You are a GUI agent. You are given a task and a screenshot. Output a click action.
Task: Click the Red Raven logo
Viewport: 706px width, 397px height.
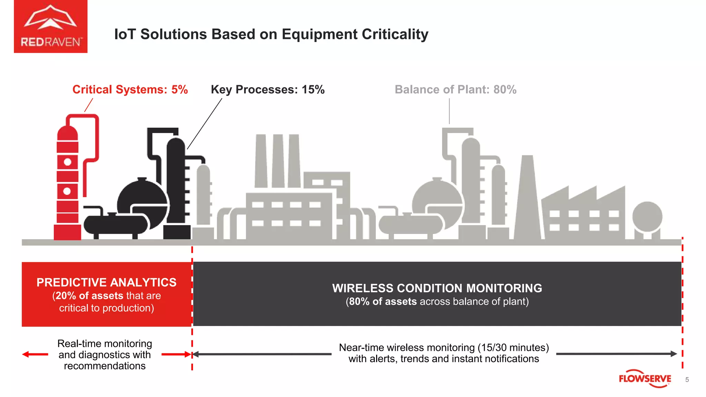tap(51, 27)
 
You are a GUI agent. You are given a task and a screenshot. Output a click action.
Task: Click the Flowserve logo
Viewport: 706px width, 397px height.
tap(645, 379)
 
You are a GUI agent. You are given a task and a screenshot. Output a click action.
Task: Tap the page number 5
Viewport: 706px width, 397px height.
tap(687, 379)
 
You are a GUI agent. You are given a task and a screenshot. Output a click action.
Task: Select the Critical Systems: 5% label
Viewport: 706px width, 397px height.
tap(130, 90)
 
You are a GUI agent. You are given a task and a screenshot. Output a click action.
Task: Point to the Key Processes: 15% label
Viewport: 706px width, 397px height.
tap(268, 90)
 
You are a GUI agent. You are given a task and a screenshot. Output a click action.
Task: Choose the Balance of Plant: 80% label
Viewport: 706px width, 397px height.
tap(455, 90)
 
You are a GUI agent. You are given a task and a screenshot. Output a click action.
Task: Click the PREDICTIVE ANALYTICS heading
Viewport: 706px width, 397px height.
tap(107, 283)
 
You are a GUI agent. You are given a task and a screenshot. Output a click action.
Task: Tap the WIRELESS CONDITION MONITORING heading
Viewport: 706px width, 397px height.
tap(437, 288)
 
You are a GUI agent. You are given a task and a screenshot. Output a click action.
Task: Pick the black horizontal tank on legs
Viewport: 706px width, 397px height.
tap(115, 225)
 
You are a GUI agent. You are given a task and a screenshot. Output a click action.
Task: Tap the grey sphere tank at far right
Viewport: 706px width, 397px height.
tap(647, 216)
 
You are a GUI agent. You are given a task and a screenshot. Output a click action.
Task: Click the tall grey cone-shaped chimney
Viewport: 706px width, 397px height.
tap(527, 200)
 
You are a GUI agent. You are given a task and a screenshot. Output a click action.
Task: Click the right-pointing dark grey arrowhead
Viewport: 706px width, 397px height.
tap(674, 354)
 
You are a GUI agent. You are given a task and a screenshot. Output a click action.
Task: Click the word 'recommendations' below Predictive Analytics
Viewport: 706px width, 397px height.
tap(105, 366)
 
